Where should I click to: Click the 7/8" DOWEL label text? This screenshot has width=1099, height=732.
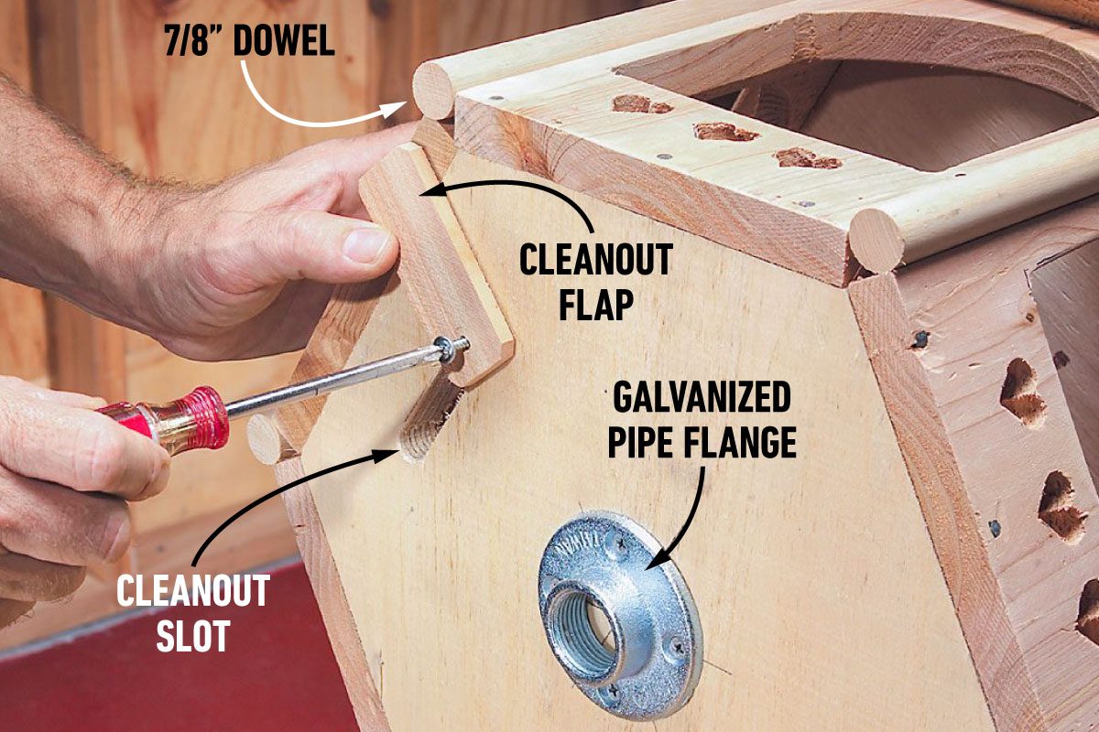coord(249,42)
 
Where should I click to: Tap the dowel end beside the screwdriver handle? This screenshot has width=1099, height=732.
coord(265,437)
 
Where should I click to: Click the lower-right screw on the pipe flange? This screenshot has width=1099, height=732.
coord(677,647)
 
